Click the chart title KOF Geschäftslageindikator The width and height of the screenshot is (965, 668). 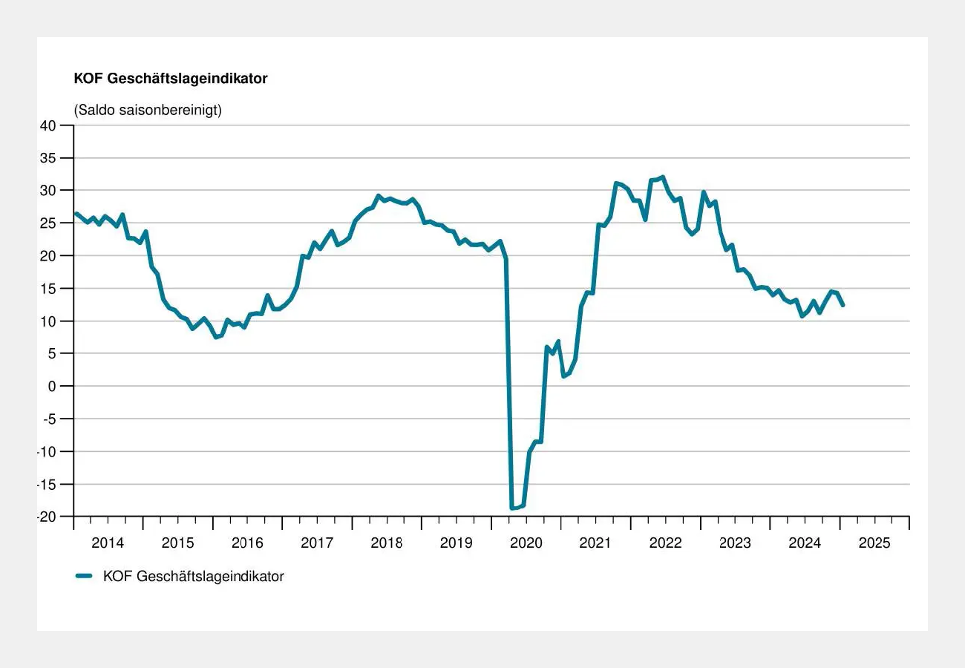(171, 79)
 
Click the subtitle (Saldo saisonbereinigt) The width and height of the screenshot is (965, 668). (148, 110)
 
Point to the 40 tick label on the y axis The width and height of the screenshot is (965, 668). (48, 125)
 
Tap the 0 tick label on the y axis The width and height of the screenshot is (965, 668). (51, 386)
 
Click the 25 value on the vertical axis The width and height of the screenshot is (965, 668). (48, 223)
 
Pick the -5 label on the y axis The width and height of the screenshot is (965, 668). (48, 419)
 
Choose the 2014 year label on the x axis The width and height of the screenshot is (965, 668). (108, 543)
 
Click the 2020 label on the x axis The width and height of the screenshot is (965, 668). (526, 543)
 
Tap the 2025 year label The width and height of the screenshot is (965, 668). (874, 543)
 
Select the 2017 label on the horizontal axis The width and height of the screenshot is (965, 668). (317, 543)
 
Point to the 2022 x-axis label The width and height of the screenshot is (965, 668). (665, 543)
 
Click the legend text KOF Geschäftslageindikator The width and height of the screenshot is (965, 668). (193, 576)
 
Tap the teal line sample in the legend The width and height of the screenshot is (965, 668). (84, 576)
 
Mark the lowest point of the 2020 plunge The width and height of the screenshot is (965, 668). (512, 508)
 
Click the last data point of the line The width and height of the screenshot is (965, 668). (843, 305)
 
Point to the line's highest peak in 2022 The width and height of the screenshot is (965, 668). (662, 177)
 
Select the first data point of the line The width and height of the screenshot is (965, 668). (76, 214)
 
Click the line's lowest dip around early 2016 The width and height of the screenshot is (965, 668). (216, 337)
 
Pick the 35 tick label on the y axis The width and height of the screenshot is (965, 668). (48, 158)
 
